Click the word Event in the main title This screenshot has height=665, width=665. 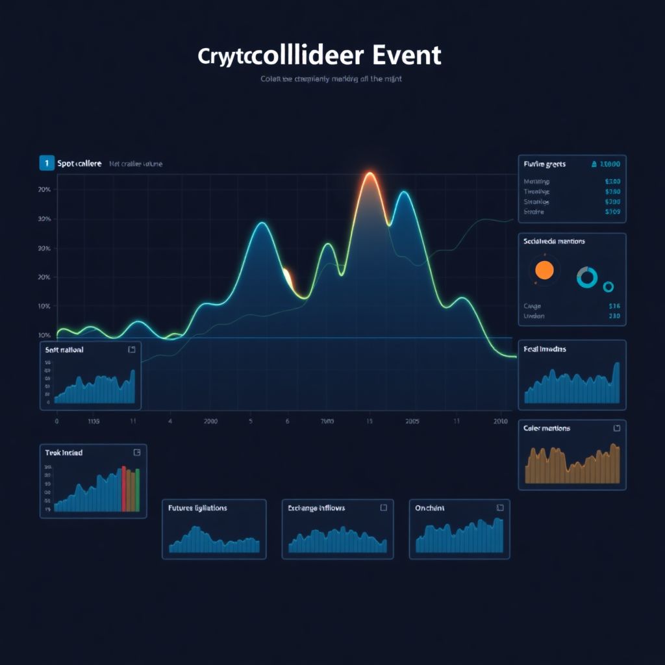407,56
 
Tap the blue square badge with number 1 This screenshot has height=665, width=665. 46,163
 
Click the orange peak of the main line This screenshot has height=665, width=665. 370,176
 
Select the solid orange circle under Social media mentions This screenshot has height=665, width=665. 544,270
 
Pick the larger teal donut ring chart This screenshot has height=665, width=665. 586,277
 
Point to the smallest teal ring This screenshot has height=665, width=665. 609,286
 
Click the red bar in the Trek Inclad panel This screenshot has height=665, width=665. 123,489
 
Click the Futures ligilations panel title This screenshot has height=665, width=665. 197,508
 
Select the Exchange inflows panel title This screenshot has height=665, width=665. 316,508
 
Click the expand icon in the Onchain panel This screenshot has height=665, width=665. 500,508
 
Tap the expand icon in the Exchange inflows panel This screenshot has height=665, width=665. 383,508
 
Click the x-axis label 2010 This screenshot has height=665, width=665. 500,421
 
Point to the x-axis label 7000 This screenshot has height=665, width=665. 327,421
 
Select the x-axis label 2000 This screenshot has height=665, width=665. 210,421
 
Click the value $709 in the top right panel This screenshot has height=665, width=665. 612,212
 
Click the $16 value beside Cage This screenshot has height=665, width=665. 614,306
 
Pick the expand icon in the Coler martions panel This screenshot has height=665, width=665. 616,428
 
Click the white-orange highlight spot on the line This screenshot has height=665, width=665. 286,277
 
